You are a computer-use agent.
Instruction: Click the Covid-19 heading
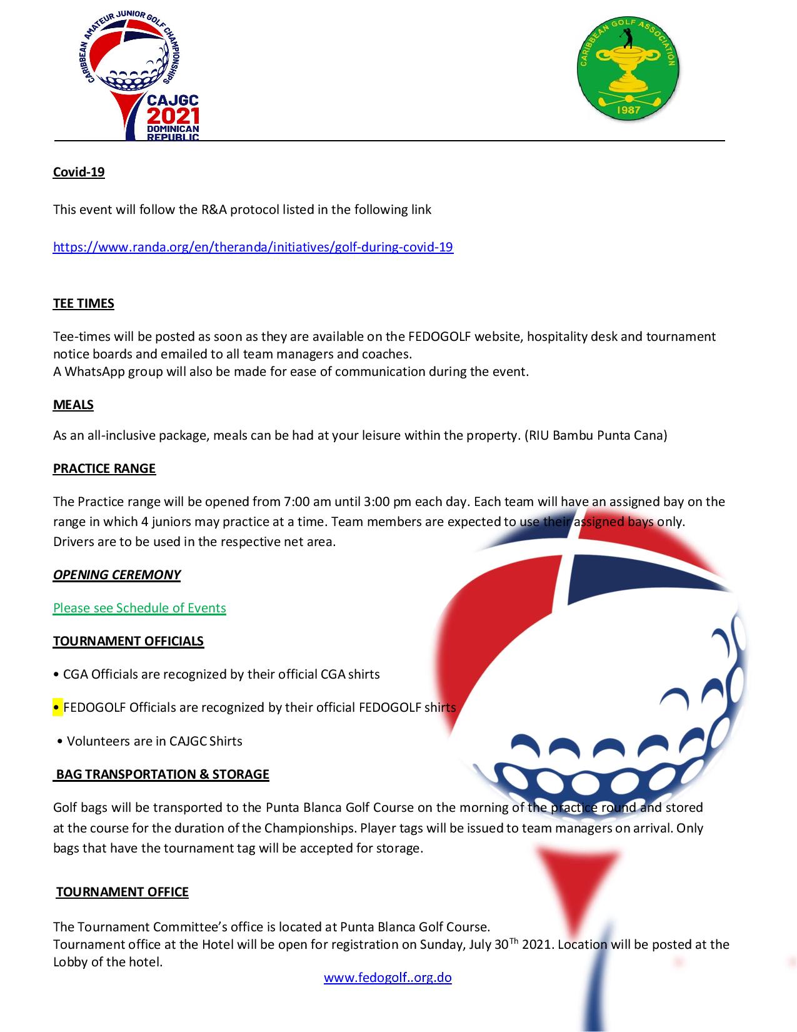pyautogui.click(x=79, y=172)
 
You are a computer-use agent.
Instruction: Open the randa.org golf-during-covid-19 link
pyautogui.click(x=253, y=247)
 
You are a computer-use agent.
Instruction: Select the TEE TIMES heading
pyautogui.click(x=83, y=304)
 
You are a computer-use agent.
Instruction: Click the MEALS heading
pyautogui.click(x=73, y=405)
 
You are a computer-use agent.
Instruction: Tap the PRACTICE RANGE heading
pyautogui.click(x=104, y=468)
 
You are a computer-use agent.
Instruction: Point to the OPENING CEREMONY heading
pyautogui.click(x=116, y=575)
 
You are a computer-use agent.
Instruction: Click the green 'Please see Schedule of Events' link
pyautogui.click(x=139, y=608)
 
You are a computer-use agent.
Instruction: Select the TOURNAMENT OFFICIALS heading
pyautogui.click(x=128, y=641)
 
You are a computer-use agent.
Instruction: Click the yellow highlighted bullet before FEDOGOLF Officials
pyautogui.click(x=58, y=707)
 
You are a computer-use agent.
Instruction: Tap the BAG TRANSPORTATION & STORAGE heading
pyautogui.click(x=163, y=774)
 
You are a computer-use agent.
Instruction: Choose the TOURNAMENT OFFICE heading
pyautogui.click(x=122, y=892)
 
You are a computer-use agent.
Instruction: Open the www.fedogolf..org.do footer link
pyautogui.click(x=388, y=978)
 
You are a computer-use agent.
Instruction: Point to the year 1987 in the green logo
pyautogui.click(x=628, y=111)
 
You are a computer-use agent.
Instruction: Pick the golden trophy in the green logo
pyautogui.click(x=627, y=70)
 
